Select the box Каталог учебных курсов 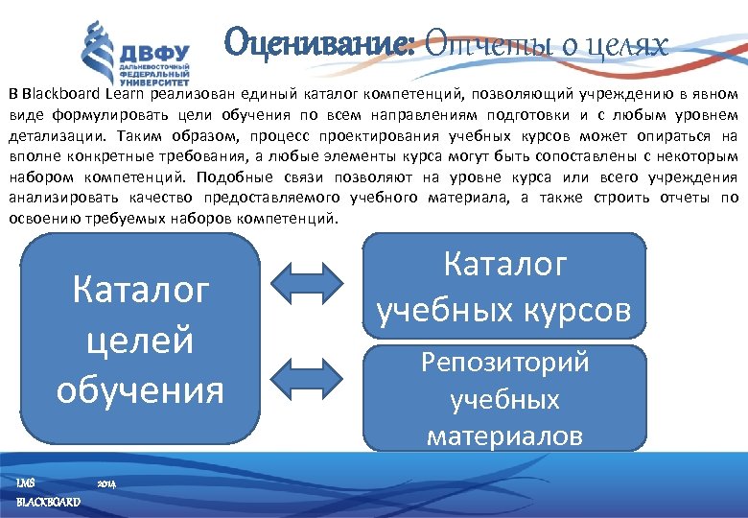tap(503, 285)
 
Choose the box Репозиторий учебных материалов tap(503, 398)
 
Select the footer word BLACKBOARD tap(48, 503)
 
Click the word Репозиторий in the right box tap(504, 363)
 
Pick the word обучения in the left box tap(140, 389)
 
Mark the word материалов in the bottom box tap(504, 436)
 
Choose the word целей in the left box tap(140, 339)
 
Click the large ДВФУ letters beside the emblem tap(154, 54)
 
